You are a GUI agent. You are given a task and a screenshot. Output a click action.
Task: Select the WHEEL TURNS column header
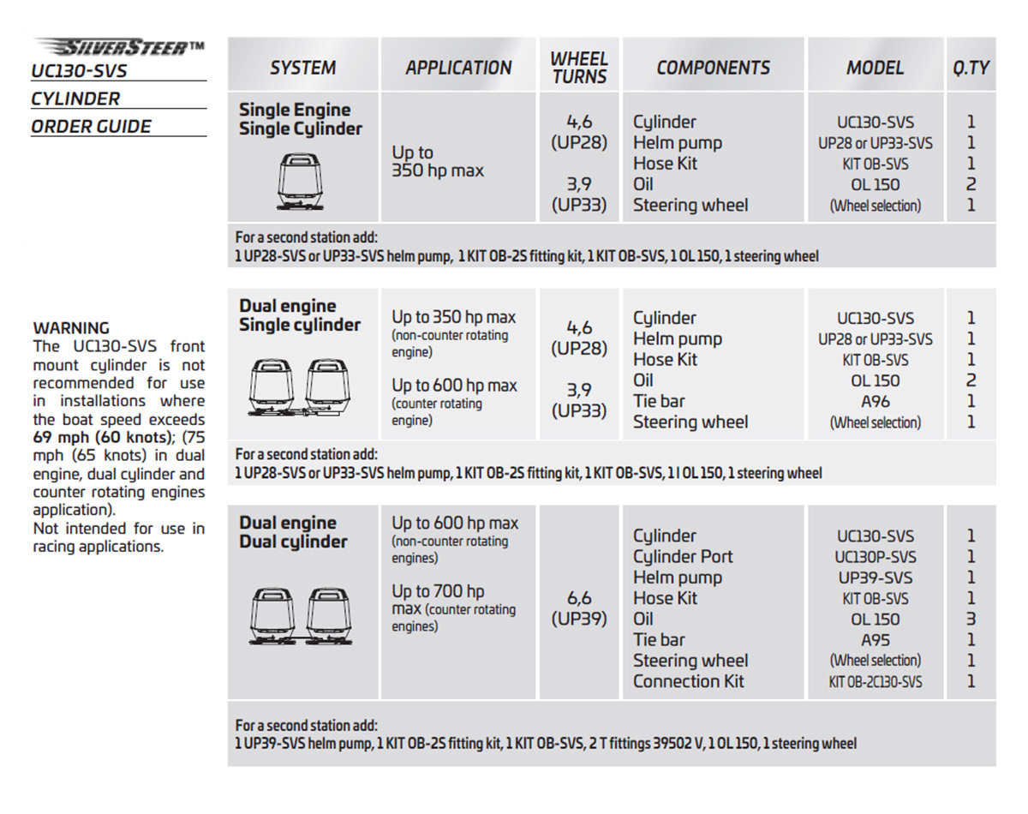pos(579,68)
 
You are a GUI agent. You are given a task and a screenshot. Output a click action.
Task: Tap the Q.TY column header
pos(971,68)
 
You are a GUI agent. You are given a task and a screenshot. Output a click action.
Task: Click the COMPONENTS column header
pos(713,68)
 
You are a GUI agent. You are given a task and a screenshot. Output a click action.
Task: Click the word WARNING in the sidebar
pos(71,327)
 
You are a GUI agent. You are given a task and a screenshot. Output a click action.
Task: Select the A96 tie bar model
pos(875,401)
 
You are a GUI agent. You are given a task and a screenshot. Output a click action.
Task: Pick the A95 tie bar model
pos(875,639)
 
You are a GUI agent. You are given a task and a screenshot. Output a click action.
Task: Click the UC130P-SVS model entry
pos(875,557)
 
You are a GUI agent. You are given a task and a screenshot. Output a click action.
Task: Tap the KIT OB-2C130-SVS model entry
pos(875,682)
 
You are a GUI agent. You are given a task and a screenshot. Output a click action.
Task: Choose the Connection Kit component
pos(689,681)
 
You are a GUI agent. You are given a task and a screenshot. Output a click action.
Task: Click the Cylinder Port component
pos(683,556)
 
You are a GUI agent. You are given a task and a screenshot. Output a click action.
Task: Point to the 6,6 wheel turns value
pos(579,598)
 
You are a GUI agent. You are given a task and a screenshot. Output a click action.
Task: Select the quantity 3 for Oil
pos(971,619)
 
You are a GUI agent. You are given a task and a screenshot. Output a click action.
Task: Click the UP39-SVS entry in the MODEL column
pos(875,578)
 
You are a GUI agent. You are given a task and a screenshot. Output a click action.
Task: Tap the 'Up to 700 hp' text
pos(438,591)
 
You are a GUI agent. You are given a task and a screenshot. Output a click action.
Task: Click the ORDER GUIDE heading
pos(91,126)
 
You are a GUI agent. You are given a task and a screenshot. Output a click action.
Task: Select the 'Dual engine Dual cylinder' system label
pos(293,532)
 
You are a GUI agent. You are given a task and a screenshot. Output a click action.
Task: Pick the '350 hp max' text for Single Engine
pos(438,171)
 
